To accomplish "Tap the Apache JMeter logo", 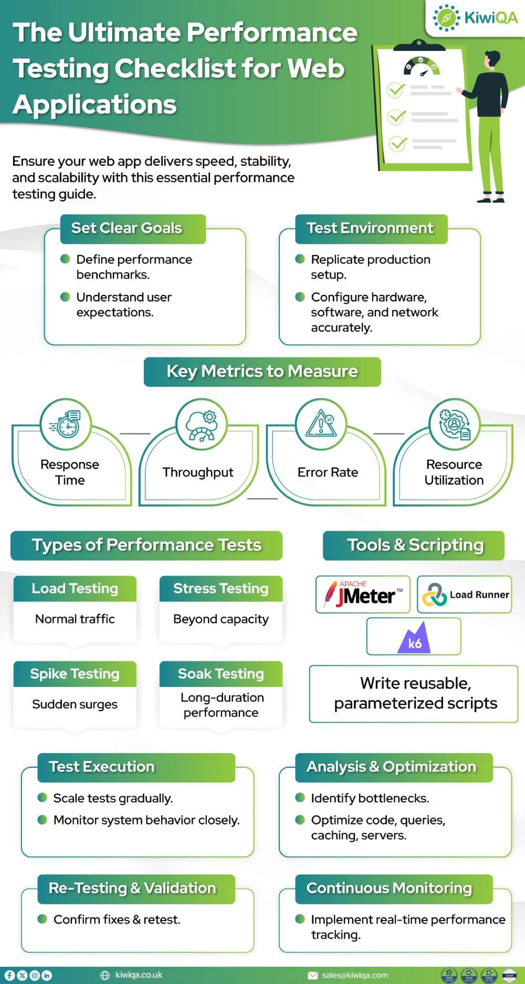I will [363, 594].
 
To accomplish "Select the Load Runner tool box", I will [464, 594].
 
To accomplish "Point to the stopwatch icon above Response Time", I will [66, 424].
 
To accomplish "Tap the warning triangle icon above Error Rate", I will [321, 424].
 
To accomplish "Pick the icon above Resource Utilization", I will [454, 424].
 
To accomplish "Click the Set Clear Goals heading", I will [126, 228].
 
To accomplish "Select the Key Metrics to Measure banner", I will [262, 371].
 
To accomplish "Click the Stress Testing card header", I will [221, 589].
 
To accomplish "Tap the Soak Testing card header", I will [221, 674].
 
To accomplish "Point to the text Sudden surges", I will [75, 704].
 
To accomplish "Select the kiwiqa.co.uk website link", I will [138, 975].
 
